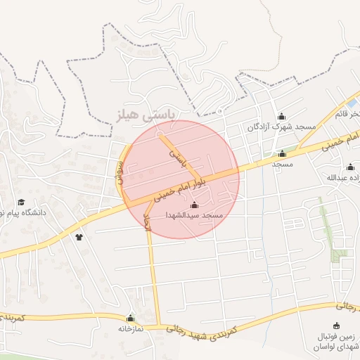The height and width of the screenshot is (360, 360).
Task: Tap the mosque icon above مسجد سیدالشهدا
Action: (195, 205)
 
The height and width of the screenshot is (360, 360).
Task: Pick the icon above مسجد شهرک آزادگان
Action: (282, 116)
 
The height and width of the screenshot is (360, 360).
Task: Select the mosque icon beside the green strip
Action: (283, 153)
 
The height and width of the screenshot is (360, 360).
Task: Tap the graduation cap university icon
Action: (20, 202)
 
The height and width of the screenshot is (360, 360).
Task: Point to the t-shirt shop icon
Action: (79, 237)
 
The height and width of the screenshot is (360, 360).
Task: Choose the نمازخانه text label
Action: (129, 328)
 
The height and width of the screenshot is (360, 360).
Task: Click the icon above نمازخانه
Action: (129, 318)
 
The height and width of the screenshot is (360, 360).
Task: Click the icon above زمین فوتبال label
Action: (336, 325)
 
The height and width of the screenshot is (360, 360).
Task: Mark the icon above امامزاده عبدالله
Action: (350, 167)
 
